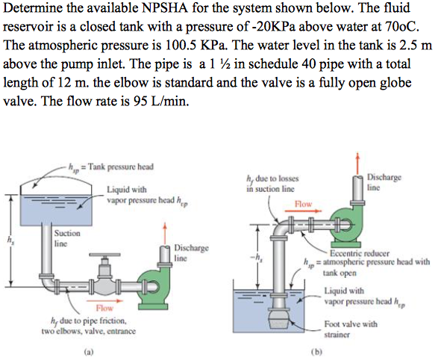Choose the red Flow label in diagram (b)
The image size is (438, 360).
[x=303, y=203]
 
